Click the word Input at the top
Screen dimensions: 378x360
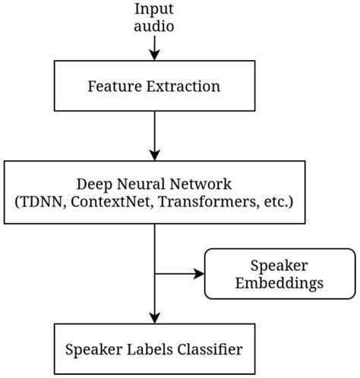[153, 9]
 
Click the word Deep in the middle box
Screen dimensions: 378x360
[93, 184]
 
